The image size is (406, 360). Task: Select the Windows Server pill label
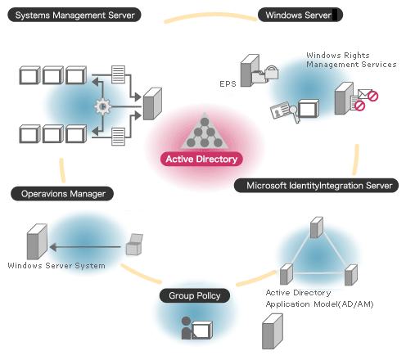tap(299, 15)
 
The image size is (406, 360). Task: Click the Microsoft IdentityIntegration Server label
tap(317, 186)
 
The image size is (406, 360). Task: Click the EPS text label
tap(227, 83)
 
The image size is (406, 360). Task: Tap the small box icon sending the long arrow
tap(133, 245)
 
